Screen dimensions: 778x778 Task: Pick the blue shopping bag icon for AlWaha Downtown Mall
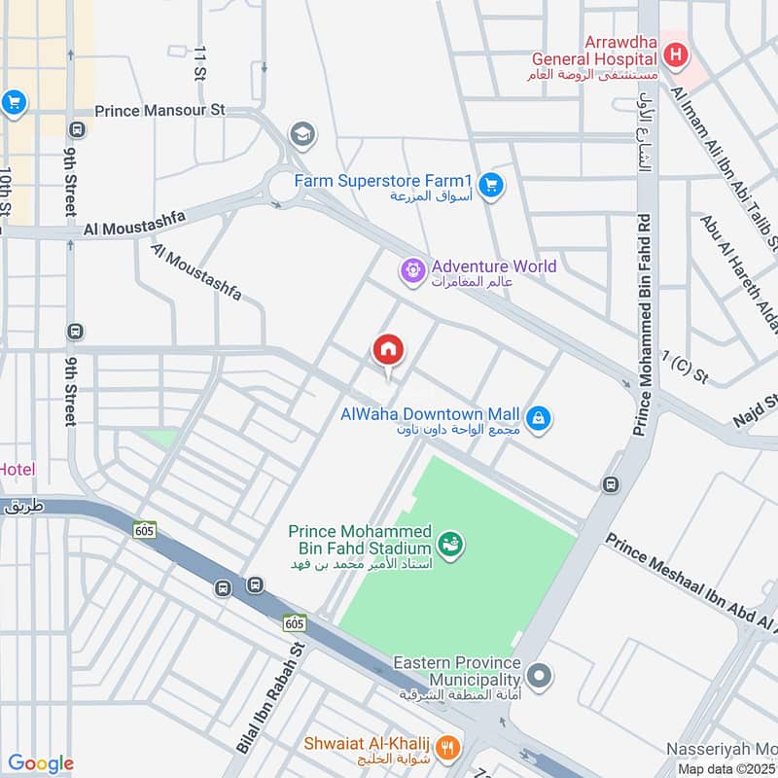[x=540, y=420]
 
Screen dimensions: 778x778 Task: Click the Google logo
[x=40, y=763]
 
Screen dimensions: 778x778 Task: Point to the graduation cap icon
[x=302, y=133]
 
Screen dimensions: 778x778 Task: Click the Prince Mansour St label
[x=159, y=110]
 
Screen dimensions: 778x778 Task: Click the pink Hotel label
[x=17, y=470]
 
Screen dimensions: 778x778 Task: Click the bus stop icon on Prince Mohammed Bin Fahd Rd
[x=611, y=484]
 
